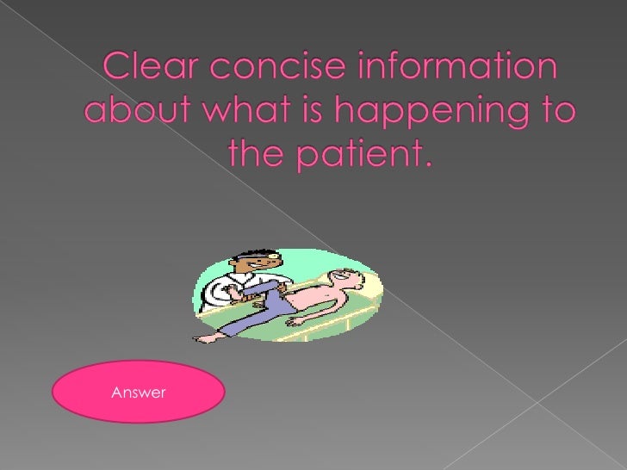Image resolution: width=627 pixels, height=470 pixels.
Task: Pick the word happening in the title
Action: (413, 113)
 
